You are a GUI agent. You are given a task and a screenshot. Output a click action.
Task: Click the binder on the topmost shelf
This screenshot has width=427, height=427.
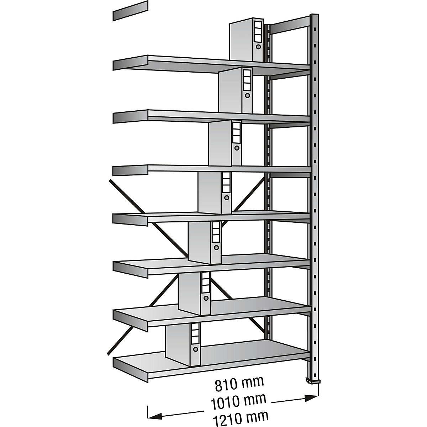click(x=246, y=39)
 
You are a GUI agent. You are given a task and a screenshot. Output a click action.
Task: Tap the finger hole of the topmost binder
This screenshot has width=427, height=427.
click(x=258, y=47)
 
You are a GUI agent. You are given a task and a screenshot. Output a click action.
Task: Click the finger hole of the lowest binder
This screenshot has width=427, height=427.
click(x=195, y=355)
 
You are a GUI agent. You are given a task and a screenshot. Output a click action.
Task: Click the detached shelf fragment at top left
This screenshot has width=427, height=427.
click(x=130, y=11)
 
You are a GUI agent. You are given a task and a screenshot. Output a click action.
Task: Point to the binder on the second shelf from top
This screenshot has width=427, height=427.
click(x=236, y=90)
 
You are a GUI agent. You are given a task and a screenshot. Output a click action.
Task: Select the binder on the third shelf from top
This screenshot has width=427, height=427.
click(x=225, y=143)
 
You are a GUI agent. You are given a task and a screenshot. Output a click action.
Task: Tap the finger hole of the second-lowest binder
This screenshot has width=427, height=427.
click(x=206, y=299)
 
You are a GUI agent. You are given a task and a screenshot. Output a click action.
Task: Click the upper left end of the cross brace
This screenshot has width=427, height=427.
click(x=110, y=181)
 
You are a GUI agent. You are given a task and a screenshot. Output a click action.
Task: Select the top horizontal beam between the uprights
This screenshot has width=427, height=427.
click(x=291, y=25)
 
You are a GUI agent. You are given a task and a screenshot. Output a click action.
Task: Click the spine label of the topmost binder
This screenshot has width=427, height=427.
click(x=257, y=32)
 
